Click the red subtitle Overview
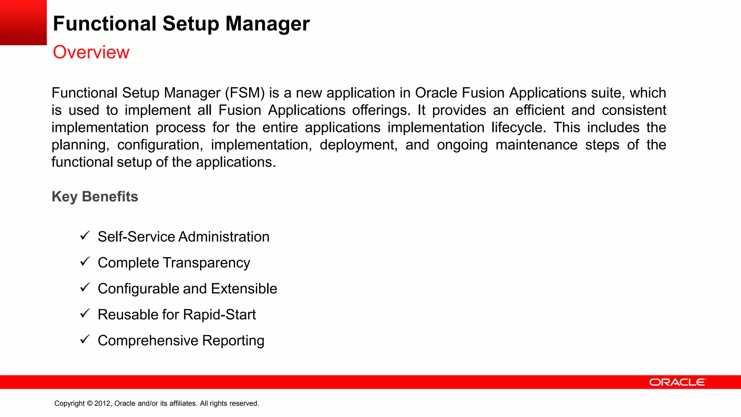click(91, 52)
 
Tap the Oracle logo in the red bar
click(677, 382)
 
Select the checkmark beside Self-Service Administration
click(85, 236)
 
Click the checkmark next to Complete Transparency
click(85, 261)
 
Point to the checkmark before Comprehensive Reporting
click(85, 340)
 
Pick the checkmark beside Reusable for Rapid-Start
click(85, 313)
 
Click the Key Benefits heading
click(95, 197)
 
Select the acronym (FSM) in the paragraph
click(245, 93)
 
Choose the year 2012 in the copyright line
click(103, 404)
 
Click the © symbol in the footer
click(90, 404)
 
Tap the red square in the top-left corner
click(23, 22)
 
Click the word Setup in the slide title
click(191, 24)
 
